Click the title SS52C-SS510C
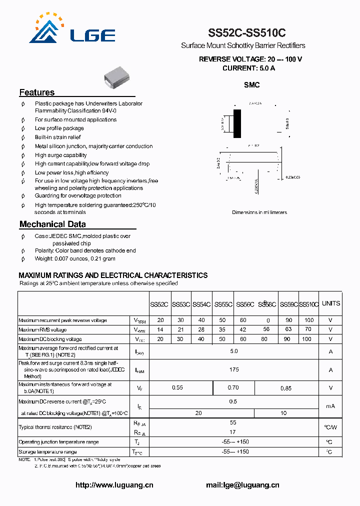247,33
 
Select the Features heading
37,92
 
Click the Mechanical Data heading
52,224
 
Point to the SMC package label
251,85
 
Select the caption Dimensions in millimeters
259,212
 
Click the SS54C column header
201,304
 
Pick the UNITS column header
330,303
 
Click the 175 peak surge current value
233,370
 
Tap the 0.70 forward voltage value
233,387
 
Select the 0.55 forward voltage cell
177,387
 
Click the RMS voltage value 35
222,329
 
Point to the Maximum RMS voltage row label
42,329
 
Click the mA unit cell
330,406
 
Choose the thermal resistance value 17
233,432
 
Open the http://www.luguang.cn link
114,485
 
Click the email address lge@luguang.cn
242,485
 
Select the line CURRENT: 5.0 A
248,68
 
